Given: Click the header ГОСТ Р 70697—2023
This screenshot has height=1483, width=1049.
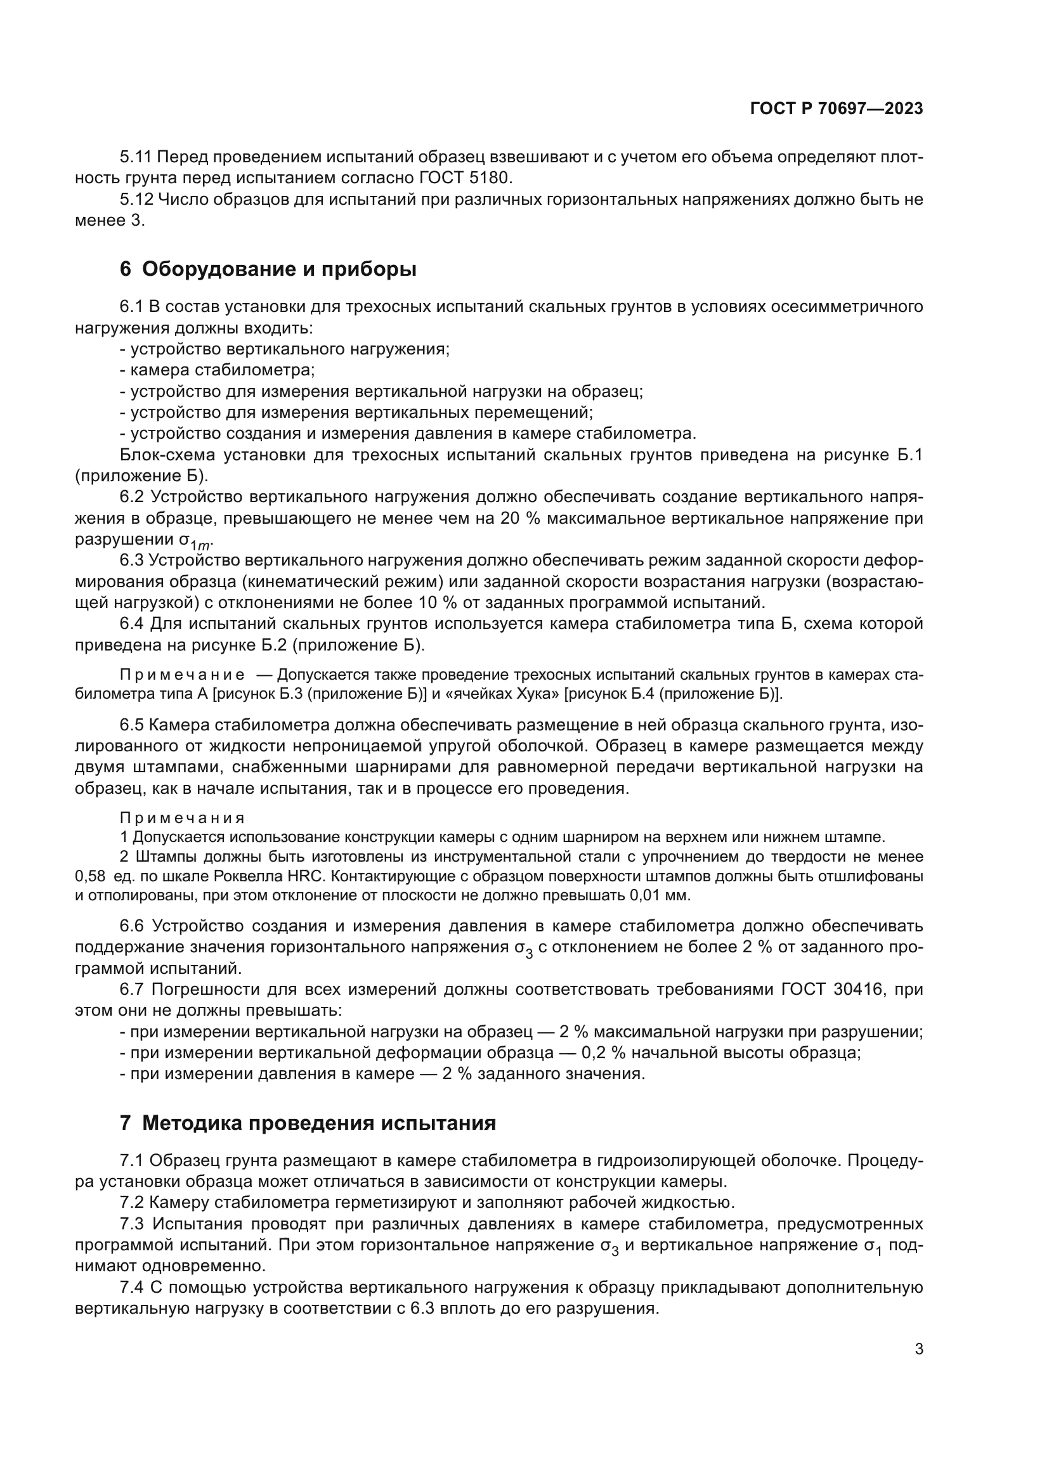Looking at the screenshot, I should (837, 108).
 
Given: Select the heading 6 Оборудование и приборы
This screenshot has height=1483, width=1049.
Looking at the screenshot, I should (268, 269).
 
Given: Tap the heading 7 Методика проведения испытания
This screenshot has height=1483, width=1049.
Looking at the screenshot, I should (308, 1123).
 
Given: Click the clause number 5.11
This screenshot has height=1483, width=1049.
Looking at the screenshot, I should (136, 157).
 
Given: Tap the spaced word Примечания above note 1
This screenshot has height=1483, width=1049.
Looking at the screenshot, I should (182, 818).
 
